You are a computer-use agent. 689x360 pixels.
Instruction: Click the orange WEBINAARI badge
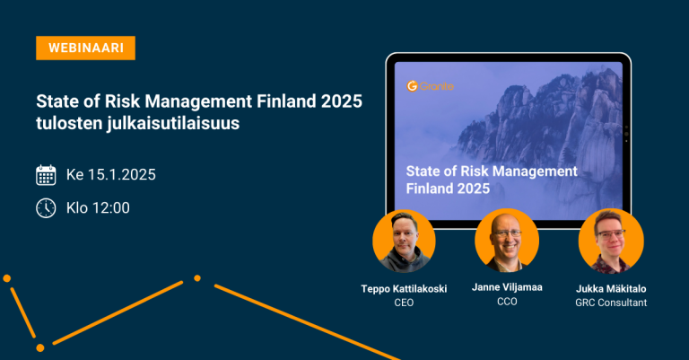86,48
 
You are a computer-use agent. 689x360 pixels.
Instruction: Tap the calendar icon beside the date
46,175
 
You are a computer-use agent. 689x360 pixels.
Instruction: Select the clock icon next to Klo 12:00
46,208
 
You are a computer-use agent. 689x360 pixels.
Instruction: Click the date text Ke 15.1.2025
110,175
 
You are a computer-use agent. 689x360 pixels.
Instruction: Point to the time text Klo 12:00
98,208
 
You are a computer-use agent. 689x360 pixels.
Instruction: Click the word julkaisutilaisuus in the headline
173,124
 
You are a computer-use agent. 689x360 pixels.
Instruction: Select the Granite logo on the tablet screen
431,86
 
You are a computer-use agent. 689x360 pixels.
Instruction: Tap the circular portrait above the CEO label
404,241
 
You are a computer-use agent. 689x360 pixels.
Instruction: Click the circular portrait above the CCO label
507,241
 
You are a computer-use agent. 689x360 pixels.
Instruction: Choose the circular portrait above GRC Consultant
611,241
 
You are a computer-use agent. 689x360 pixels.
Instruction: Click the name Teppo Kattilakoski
404,289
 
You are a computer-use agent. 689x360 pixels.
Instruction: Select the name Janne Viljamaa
507,287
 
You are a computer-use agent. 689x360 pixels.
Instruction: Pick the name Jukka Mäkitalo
611,289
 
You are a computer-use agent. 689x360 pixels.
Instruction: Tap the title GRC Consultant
611,303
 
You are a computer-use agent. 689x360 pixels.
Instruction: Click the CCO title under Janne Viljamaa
507,302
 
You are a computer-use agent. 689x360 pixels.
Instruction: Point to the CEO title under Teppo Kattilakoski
404,303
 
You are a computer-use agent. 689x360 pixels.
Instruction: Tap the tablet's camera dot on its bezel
626,134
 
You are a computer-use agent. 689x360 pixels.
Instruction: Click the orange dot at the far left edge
6,278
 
